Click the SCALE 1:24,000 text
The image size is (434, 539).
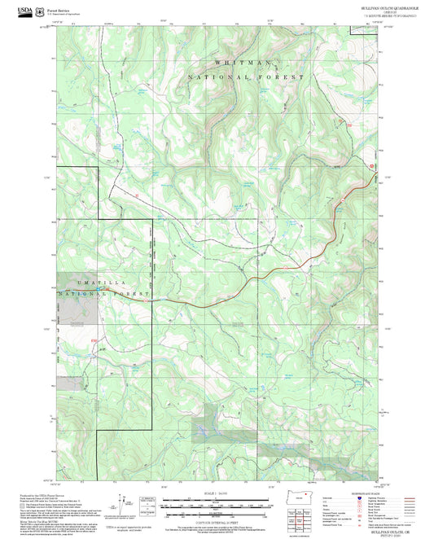[x=217, y=494]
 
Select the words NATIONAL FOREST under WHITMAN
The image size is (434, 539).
[x=247, y=77]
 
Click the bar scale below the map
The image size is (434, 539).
[x=217, y=502]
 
